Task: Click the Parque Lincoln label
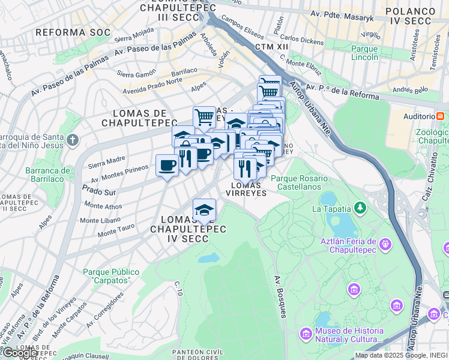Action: click(364, 53)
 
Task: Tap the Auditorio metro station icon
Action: click(441, 116)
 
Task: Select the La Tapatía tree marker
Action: click(360, 208)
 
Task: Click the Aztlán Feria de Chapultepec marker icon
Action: click(385, 245)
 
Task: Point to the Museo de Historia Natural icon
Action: click(306, 332)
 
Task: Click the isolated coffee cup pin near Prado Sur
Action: click(166, 165)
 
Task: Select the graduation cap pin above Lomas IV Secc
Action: click(204, 210)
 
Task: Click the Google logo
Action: click(20, 353)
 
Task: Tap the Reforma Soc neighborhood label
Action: click(73, 32)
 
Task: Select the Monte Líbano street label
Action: click(98, 220)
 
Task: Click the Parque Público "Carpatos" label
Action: click(111, 276)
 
